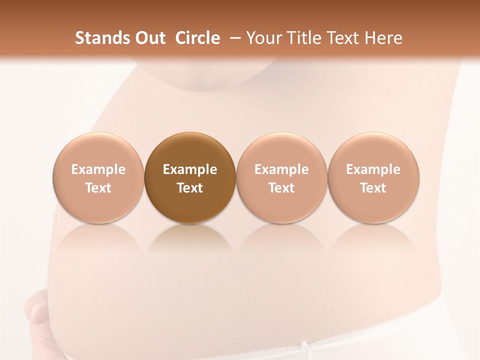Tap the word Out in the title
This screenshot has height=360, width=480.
click(148, 38)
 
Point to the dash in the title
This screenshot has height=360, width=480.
click(233, 38)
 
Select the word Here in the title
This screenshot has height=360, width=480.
click(382, 38)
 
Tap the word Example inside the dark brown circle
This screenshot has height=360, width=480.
click(190, 169)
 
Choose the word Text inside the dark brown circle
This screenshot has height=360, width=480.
click(190, 188)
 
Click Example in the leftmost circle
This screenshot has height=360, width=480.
click(98, 169)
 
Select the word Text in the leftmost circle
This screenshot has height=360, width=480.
click(98, 188)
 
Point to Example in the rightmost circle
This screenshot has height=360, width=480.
click(373, 169)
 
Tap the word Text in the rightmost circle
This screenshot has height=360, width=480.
click(373, 188)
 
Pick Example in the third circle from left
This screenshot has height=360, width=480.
click(281, 169)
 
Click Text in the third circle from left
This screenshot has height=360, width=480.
click(281, 188)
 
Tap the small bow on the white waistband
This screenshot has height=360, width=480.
click(303, 344)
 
